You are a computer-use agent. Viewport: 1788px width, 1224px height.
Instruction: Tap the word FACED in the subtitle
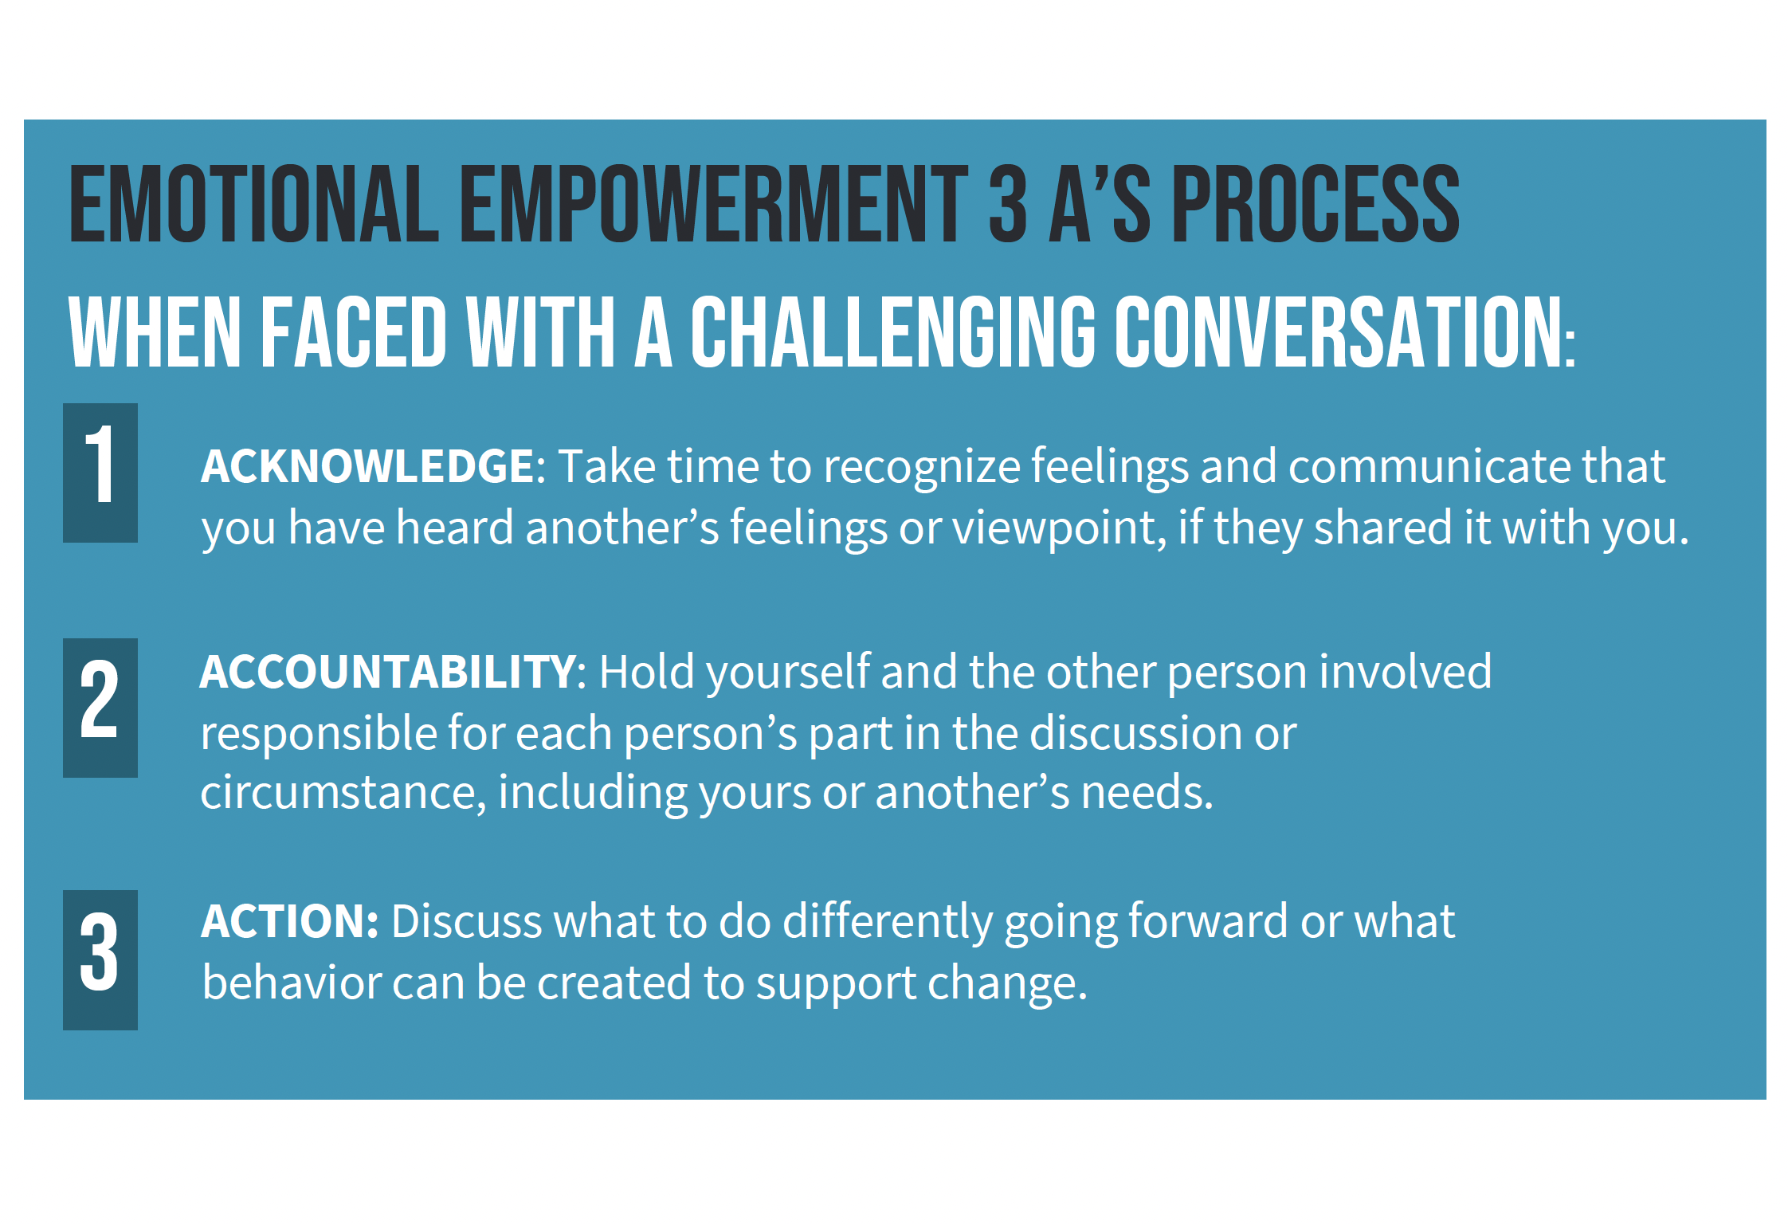(354, 332)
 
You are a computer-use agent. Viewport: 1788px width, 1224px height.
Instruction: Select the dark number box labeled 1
(100, 473)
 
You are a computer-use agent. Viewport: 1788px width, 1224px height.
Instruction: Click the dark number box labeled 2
(100, 708)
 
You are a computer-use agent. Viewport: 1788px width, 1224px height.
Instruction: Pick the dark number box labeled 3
(100, 959)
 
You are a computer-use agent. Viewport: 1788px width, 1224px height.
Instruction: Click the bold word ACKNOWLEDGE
(367, 466)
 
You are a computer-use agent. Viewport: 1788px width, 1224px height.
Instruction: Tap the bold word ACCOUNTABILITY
(388, 672)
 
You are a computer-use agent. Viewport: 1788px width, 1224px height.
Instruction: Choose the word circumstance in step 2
(339, 794)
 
